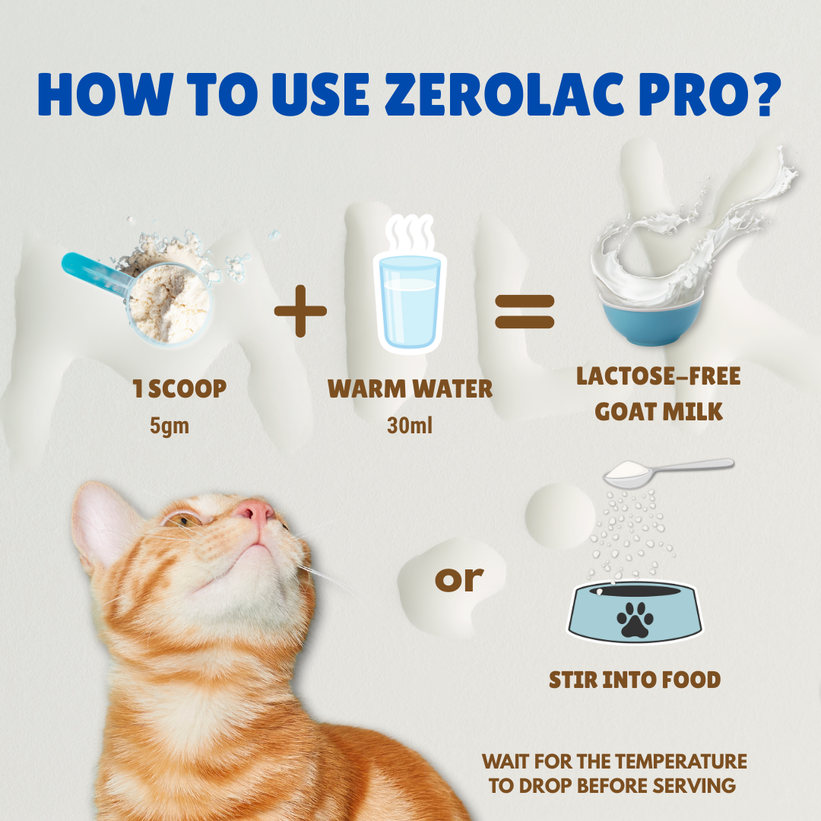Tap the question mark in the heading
757,94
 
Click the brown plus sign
301,309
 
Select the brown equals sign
525,312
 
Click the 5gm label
169,426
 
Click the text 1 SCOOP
179,389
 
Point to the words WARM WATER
410,389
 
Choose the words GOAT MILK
658,411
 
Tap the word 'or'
459,579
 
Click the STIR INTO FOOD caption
635,680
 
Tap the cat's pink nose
256,511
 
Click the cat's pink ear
110,525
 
